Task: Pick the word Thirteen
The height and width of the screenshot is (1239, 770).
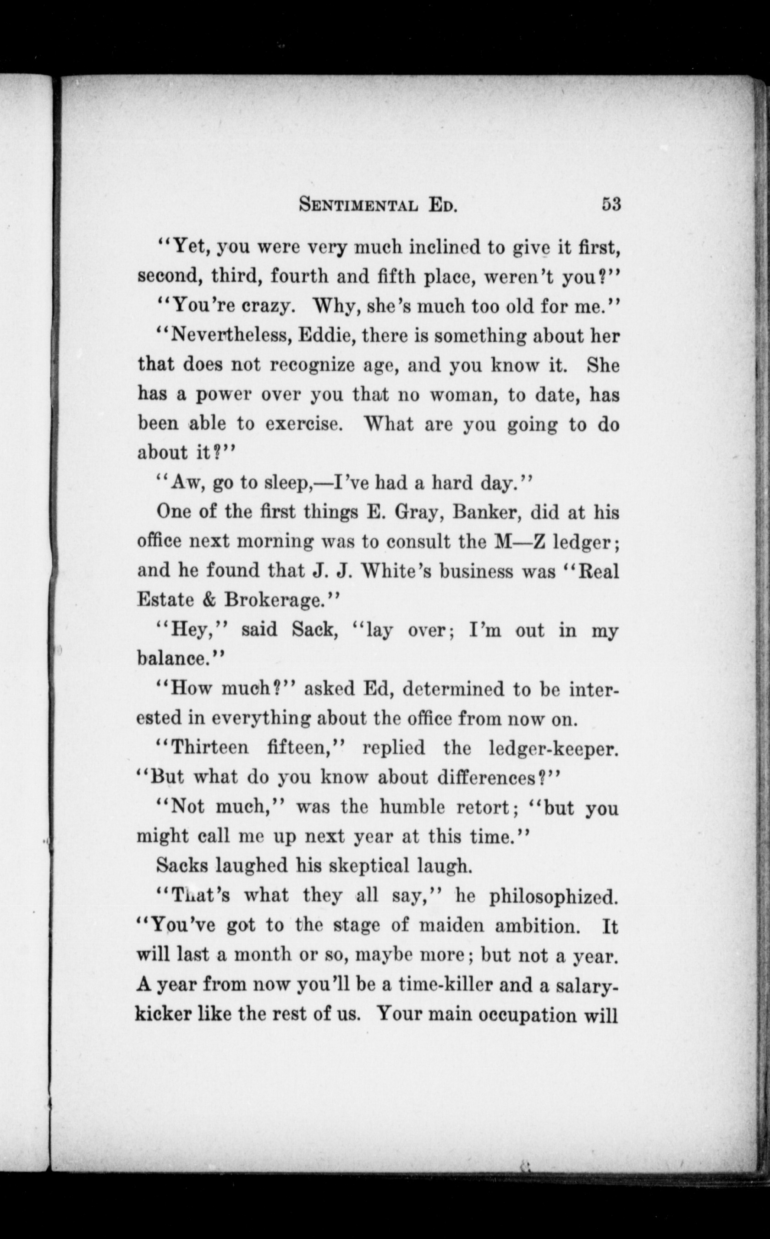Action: point(210,747)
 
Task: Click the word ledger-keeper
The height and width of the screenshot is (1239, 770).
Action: point(554,748)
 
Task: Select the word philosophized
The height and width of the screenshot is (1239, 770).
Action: point(554,896)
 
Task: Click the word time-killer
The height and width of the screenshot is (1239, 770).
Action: point(445,985)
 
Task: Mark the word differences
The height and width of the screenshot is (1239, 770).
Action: point(472,778)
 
